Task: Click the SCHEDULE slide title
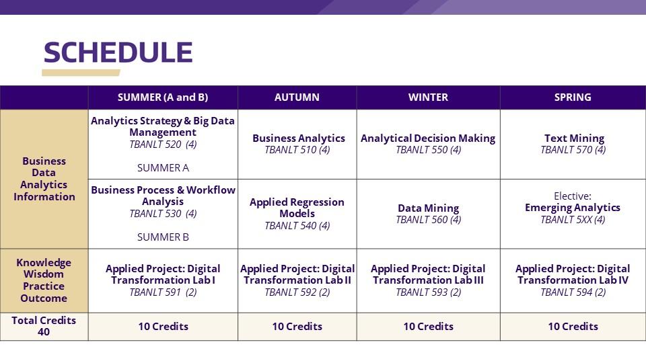point(118,52)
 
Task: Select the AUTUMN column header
point(297,97)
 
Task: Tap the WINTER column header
point(428,97)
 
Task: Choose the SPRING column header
point(573,97)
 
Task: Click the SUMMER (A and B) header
point(163,97)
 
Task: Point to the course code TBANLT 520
point(163,145)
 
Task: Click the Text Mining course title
point(574,138)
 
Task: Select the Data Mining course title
point(428,208)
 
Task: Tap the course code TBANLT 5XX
point(573,220)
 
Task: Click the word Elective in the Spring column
point(573,196)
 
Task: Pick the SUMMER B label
point(163,237)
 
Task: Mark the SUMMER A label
point(163,168)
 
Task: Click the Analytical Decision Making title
point(428,138)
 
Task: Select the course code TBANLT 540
point(297,226)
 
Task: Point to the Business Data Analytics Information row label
point(44,179)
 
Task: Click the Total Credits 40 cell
point(44,326)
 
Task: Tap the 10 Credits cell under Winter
point(428,327)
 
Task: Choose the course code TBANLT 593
point(428,292)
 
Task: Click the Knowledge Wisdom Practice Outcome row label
point(44,280)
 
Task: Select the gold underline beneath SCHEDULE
point(81,73)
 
